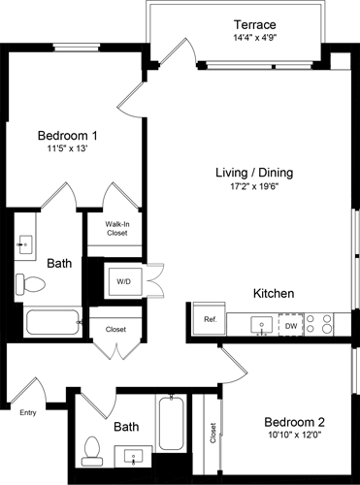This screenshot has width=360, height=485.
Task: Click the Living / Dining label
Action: [254, 173]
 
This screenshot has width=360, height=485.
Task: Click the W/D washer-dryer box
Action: [125, 282]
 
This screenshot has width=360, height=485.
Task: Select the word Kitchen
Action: [274, 293]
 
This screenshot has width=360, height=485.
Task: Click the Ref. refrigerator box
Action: [209, 319]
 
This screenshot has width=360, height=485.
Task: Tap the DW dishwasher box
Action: [290, 327]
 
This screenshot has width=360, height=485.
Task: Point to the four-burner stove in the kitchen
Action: [319, 323]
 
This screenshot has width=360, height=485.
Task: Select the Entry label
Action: [28, 412]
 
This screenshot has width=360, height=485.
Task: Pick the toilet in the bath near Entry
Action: [94, 447]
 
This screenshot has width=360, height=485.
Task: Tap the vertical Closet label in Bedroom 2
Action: [212, 433]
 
